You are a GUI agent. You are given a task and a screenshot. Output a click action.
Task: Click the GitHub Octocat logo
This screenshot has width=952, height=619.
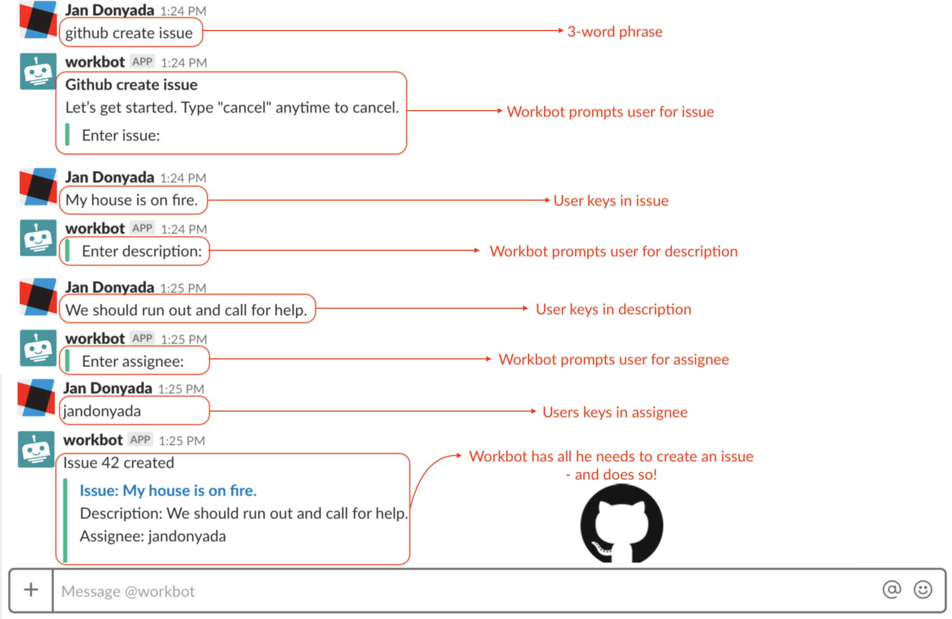[x=621, y=523]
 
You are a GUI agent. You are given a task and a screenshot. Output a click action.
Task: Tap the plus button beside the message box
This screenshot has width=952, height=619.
[x=31, y=590]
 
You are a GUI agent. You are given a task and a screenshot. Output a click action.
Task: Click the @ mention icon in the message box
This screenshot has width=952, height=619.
[x=891, y=589]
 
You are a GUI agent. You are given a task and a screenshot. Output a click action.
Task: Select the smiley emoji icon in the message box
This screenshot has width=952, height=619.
[x=923, y=589]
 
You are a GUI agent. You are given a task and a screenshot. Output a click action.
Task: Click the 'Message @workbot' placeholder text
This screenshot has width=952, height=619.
[x=128, y=591]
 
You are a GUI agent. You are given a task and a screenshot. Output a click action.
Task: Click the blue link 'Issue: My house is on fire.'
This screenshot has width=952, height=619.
[x=168, y=490]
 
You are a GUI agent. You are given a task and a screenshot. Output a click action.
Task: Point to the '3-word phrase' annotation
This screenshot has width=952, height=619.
[x=615, y=32]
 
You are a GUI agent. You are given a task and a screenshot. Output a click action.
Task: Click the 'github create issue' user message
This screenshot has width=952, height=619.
[x=129, y=33]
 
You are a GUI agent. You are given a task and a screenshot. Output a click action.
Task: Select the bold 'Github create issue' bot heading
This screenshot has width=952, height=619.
[x=131, y=84]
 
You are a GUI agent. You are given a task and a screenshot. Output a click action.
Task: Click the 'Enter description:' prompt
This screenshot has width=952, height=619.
[x=142, y=251]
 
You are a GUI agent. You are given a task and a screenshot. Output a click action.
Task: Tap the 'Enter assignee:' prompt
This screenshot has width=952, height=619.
[x=132, y=361]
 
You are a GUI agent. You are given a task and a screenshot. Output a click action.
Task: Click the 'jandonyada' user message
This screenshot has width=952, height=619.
[x=102, y=411]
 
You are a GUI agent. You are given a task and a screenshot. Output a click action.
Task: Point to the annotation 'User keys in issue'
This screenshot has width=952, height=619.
[x=611, y=201]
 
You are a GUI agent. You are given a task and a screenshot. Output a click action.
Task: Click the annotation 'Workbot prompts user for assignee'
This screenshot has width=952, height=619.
[x=614, y=359]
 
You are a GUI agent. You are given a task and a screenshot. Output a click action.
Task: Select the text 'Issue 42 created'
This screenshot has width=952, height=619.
[x=118, y=463]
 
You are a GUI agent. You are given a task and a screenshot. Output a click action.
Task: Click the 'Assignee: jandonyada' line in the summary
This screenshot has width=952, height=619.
[x=153, y=536]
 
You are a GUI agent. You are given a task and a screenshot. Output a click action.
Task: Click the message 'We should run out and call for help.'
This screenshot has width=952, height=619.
[x=186, y=310]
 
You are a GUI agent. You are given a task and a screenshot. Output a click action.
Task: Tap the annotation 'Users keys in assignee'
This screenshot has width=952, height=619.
[x=615, y=412]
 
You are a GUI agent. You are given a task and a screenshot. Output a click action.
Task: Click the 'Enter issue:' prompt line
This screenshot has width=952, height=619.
[x=121, y=135]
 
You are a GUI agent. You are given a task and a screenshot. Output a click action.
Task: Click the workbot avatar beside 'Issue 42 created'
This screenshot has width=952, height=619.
[x=36, y=449]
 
